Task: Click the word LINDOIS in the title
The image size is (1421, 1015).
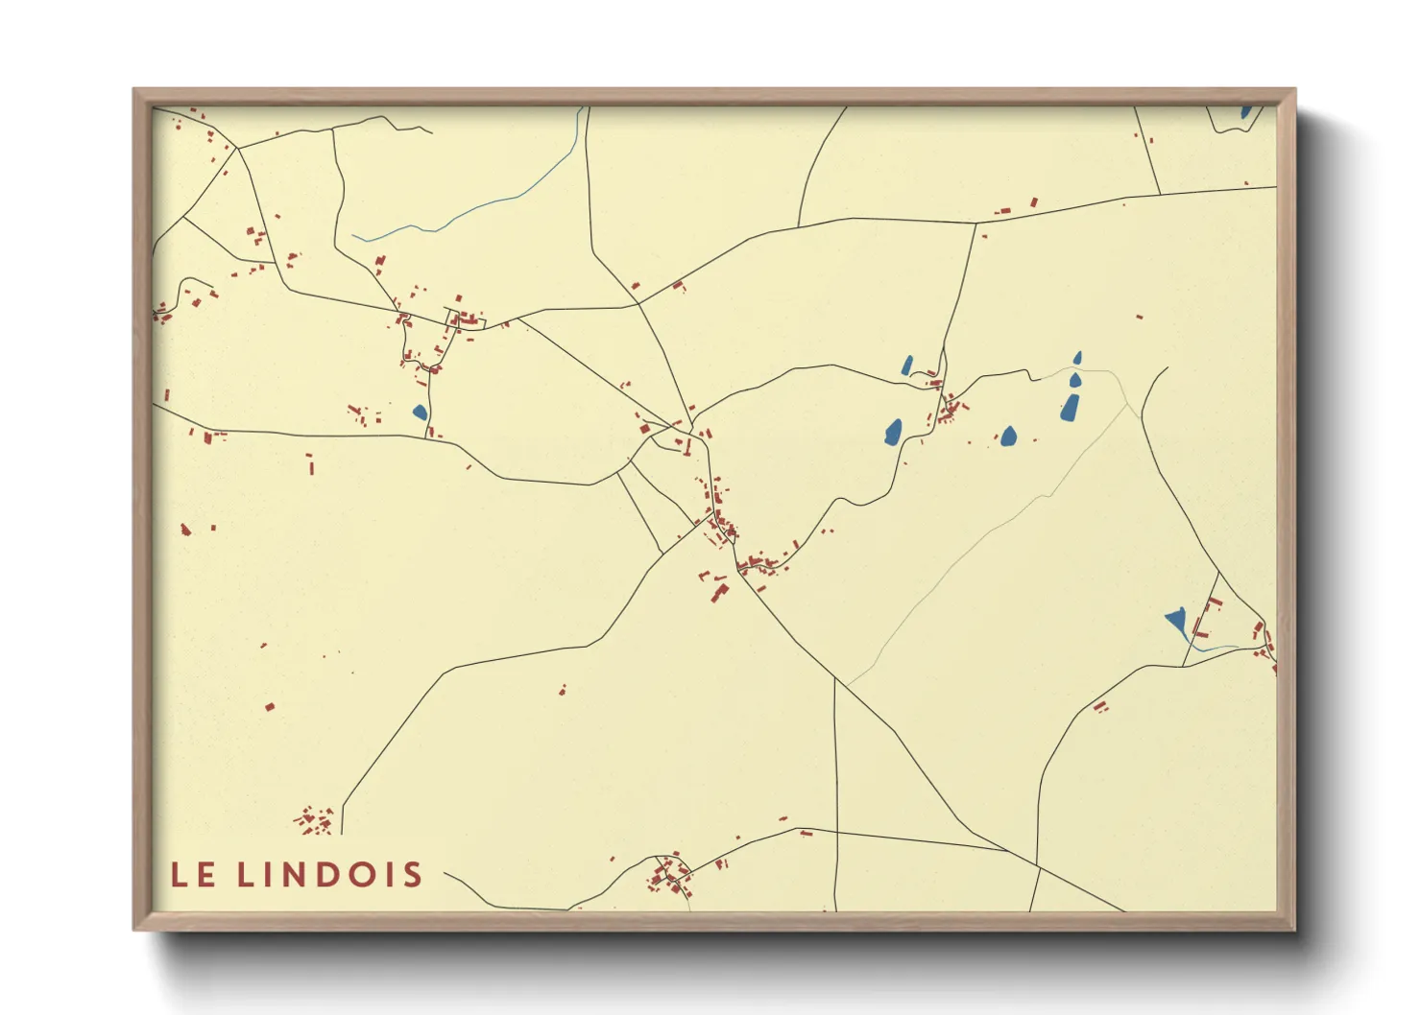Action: [329, 875]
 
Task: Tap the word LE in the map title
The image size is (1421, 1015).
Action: [192, 875]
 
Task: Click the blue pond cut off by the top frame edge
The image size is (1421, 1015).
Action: [1245, 112]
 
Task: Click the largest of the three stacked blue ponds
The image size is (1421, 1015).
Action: [1070, 408]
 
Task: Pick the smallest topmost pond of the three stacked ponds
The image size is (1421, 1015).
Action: [1077, 358]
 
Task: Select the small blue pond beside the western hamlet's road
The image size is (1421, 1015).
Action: [419, 413]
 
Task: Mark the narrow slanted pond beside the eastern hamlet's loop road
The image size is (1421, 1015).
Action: [906, 365]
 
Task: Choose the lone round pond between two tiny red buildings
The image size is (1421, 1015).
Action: [1008, 437]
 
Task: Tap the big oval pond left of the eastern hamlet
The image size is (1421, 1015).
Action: [893, 433]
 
